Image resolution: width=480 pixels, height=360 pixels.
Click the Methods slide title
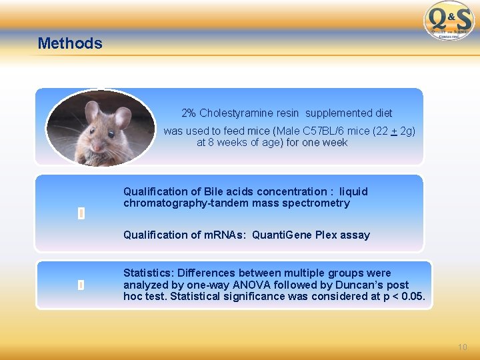point(70,43)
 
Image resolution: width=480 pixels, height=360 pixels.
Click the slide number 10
point(463,347)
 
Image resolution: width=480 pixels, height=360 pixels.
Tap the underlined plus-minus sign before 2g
point(394,131)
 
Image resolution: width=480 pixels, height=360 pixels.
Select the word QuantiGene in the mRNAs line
point(277,235)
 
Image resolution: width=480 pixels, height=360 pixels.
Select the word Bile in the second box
point(216,191)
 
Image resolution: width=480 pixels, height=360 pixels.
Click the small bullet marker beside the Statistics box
point(80,285)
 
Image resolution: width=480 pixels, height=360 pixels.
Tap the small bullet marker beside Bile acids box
point(80,213)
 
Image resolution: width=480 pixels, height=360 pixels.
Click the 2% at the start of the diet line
point(189,113)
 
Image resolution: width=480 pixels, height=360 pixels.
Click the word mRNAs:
point(227,235)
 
